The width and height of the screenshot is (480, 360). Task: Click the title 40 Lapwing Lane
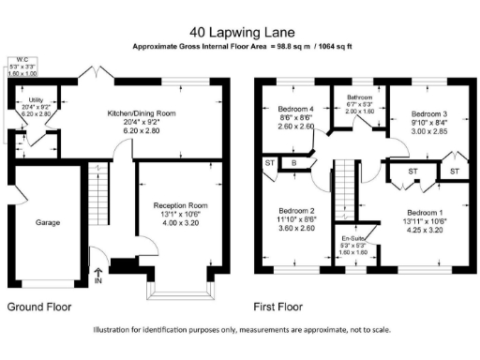click(x=239, y=30)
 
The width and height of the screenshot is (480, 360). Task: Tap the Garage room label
click(x=48, y=223)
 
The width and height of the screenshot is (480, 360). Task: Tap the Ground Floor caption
click(x=40, y=306)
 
